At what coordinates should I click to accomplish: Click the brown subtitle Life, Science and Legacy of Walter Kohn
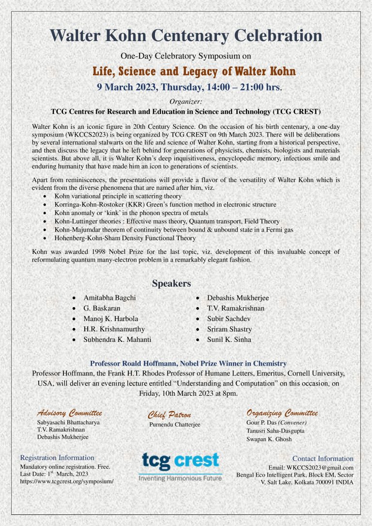[194, 72]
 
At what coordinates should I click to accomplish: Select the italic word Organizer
[186, 101]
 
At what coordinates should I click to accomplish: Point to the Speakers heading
[171, 283]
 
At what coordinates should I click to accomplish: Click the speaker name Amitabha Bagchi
[109, 297]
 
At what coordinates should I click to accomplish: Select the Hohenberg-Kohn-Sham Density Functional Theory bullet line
[125, 238]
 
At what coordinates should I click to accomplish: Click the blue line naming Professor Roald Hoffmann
[188, 363]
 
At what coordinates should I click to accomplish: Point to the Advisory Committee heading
[70, 413]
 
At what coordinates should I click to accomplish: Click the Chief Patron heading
[169, 415]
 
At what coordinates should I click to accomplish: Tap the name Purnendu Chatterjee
[174, 425]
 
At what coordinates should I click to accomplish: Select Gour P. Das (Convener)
[277, 422]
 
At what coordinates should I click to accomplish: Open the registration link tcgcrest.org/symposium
[67, 482]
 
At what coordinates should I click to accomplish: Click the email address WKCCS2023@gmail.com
[311, 467]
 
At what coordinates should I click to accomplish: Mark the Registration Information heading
[57, 458]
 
